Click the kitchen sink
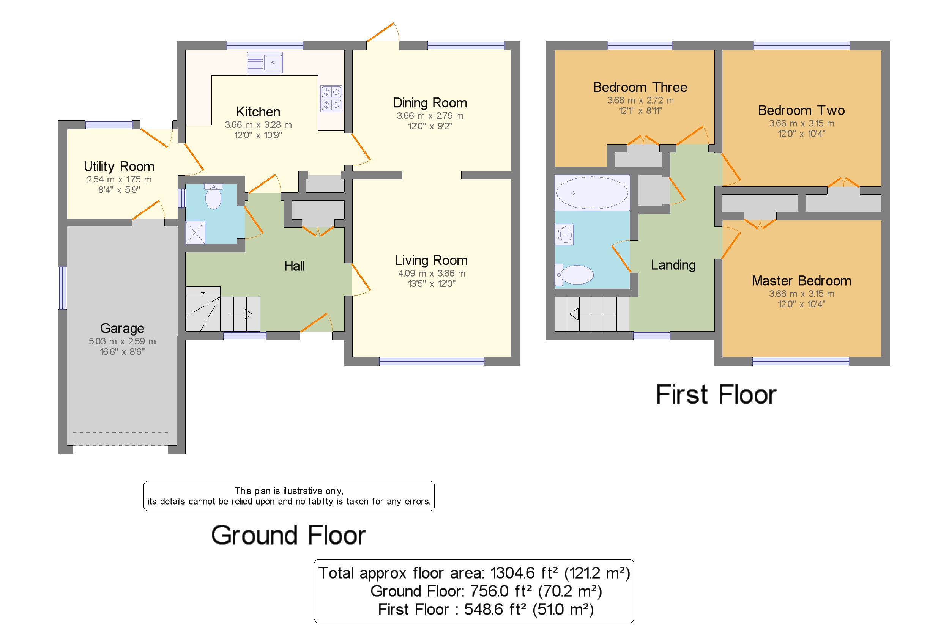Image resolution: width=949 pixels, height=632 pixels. click(x=265, y=63)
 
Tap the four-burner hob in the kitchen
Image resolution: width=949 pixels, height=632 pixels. click(x=331, y=98)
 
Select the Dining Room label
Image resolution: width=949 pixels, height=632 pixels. click(x=430, y=103)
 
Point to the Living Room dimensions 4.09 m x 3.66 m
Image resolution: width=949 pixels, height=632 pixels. click(x=431, y=273)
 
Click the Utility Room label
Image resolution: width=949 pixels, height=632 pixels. click(x=119, y=166)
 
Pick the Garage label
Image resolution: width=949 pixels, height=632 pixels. click(x=122, y=328)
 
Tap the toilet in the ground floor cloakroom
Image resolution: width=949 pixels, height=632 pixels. click(x=213, y=197)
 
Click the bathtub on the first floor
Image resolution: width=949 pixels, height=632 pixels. click(x=592, y=193)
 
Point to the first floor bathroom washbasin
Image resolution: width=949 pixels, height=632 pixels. click(x=564, y=234)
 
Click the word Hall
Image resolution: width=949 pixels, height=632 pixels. click(x=294, y=266)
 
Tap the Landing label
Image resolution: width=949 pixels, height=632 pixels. click(x=673, y=265)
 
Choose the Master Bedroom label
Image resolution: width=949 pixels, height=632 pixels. click(x=801, y=281)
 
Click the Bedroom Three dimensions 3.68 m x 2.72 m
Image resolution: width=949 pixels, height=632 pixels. click(x=640, y=101)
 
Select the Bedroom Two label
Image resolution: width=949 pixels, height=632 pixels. click(x=801, y=110)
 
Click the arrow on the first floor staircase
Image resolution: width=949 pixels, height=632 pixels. click(x=591, y=314)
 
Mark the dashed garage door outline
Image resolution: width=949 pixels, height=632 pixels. click(x=120, y=439)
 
